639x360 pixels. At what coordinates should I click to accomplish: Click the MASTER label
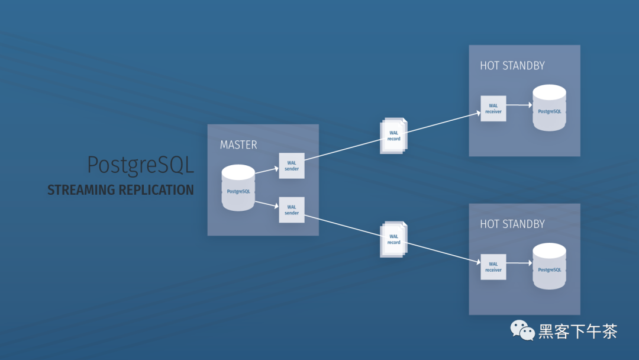(238, 144)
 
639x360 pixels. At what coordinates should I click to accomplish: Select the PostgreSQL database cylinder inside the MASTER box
(238, 188)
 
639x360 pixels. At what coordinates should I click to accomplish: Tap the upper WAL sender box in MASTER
(292, 165)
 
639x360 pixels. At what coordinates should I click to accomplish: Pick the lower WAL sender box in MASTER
(292, 210)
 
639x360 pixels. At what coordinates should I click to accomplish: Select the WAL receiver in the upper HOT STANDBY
(493, 108)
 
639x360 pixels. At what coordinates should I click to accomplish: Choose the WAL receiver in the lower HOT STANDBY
(493, 267)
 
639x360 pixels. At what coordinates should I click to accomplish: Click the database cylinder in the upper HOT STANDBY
(549, 108)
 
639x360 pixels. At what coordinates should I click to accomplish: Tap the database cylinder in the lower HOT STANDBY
(549, 266)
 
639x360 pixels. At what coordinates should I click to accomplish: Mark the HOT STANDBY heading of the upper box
(512, 66)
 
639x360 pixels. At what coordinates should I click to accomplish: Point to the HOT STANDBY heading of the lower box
(512, 224)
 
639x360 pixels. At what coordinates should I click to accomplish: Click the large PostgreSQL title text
(140, 165)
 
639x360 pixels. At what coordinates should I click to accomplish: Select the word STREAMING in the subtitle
(82, 191)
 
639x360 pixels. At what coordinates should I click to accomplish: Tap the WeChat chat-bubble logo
(522, 330)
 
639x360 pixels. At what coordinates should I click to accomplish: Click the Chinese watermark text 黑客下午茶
(577, 331)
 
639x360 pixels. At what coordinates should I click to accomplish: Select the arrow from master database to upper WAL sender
(266, 171)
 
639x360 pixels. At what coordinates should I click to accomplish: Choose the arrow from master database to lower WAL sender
(266, 204)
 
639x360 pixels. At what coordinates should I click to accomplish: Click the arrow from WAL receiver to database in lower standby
(519, 263)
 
